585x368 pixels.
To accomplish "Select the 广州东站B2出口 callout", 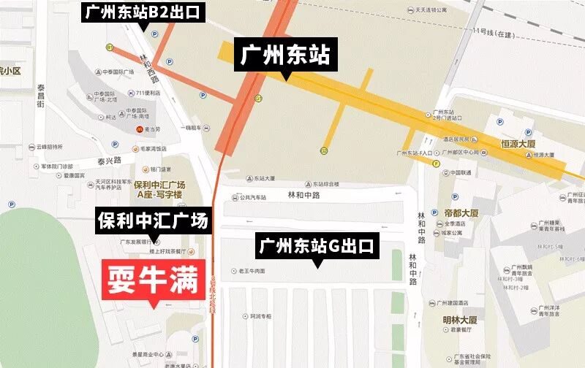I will [x=143, y=12].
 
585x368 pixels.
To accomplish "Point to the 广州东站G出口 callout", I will [x=317, y=246].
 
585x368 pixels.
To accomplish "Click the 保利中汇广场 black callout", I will [x=153, y=221].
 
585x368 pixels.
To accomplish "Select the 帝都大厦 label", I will [x=461, y=213].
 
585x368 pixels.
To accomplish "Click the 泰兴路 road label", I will [x=107, y=158].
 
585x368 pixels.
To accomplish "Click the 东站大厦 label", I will [x=263, y=177].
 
